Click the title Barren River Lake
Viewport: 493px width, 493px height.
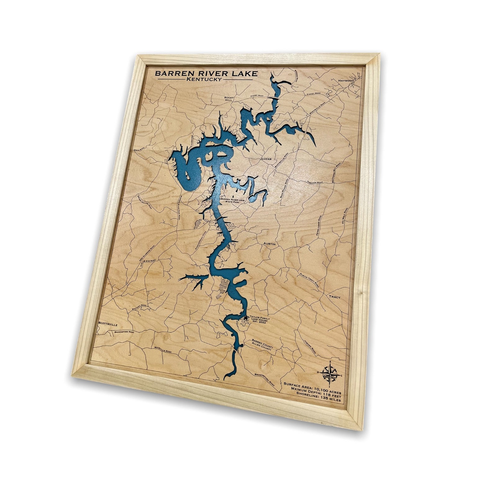(x=206, y=74)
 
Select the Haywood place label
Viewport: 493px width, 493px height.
(x=346, y=81)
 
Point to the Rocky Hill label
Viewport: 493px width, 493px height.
(x=229, y=99)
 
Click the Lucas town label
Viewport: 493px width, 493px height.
(x=266, y=159)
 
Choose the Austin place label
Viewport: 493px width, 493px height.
(x=269, y=244)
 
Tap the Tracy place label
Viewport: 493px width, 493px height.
(x=335, y=297)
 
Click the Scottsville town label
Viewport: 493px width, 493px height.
(x=108, y=323)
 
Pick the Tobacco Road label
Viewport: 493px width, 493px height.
(x=315, y=183)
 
